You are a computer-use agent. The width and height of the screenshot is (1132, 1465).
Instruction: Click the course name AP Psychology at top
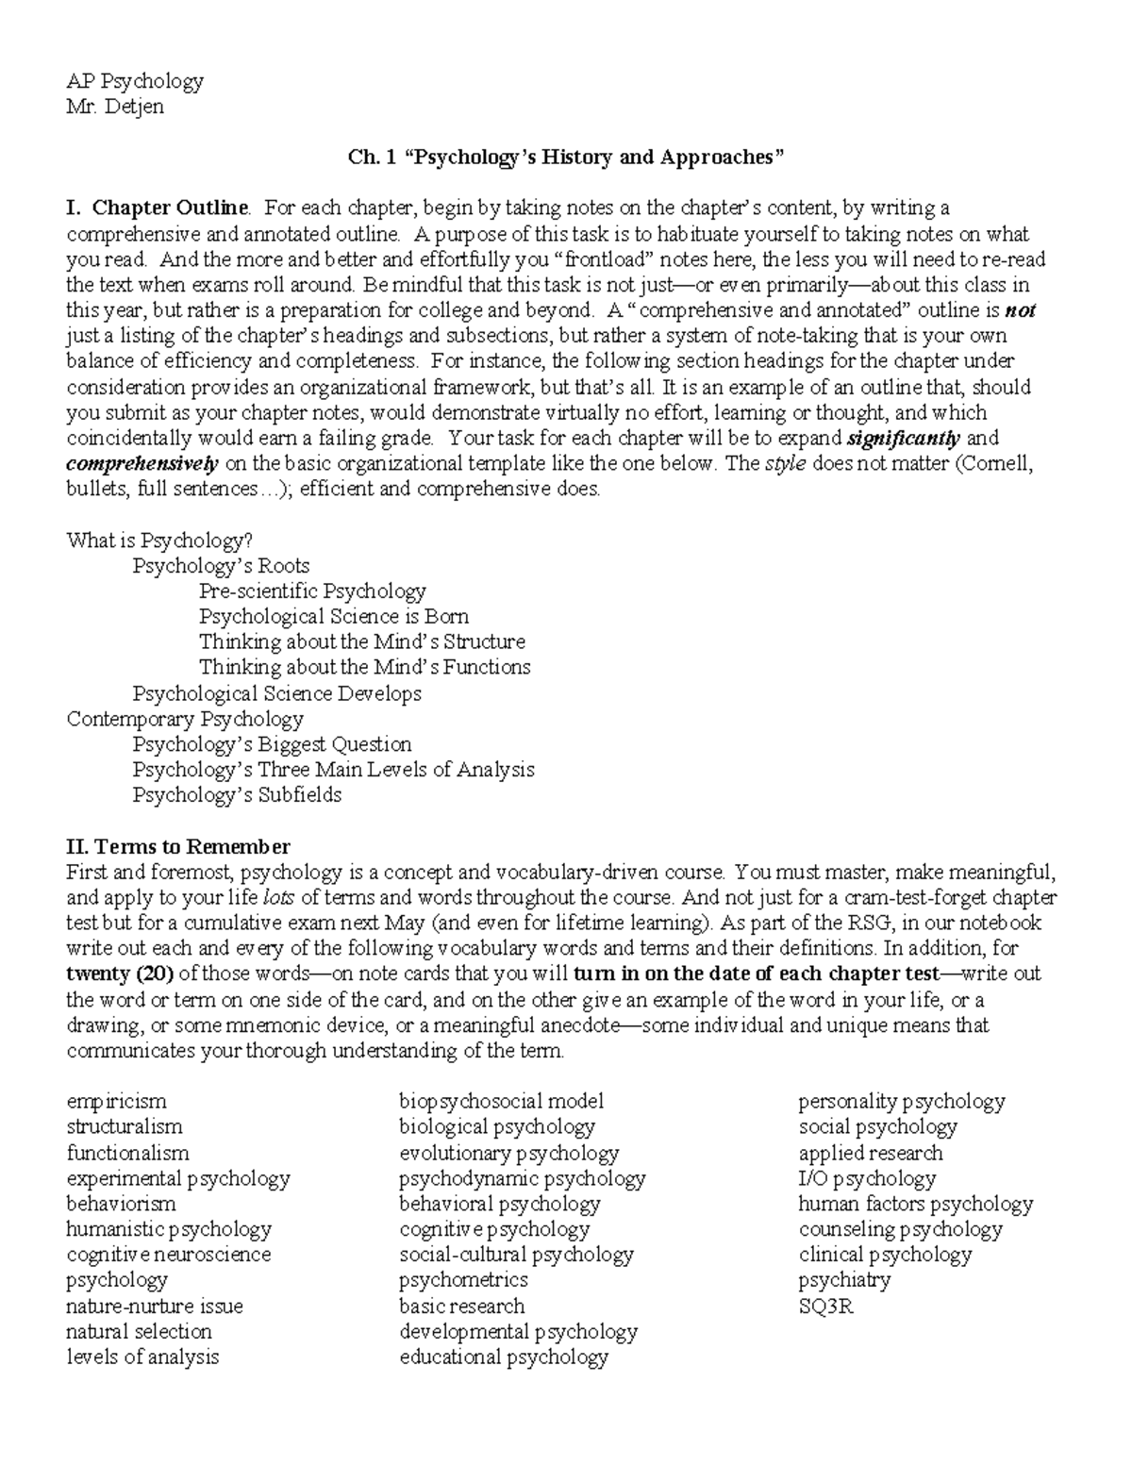click(134, 81)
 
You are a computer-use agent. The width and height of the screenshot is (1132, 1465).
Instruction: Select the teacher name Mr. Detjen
click(114, 107)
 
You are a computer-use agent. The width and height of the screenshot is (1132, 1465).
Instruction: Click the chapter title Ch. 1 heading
click(566, 158)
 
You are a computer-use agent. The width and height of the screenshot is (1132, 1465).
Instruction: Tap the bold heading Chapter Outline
click(170, 208)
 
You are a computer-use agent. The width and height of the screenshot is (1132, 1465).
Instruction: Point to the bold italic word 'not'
click(1020, 310)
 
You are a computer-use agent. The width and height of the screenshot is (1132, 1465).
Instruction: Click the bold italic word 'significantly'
click(903, 439)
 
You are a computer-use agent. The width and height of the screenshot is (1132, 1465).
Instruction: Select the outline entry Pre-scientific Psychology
click(312, 591)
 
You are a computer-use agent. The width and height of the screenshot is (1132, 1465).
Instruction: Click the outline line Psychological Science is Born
click(333, 617)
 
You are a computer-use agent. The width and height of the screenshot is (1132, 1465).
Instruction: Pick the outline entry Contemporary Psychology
click(185, 719)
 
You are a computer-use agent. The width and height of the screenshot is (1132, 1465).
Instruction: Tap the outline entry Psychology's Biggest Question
click(272, 744)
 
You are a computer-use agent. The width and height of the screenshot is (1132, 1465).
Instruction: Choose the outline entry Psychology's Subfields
click(237, 795)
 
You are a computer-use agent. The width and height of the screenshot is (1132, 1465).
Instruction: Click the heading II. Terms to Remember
click(178, 846)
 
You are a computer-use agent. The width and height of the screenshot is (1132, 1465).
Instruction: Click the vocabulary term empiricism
click(116, 1102)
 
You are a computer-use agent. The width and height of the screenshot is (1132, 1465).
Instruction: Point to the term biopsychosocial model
click(501, 1102)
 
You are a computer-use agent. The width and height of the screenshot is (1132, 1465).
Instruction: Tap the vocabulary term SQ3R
click(825, 1307)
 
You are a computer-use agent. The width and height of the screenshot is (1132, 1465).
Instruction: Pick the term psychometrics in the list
click(463, 1281)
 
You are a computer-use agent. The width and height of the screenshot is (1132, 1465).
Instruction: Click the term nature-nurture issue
click(155, 1307)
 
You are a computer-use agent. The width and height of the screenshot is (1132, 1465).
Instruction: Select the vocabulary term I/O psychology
click(867, 1179)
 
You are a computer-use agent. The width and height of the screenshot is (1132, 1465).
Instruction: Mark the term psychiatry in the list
click(844, 1281)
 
